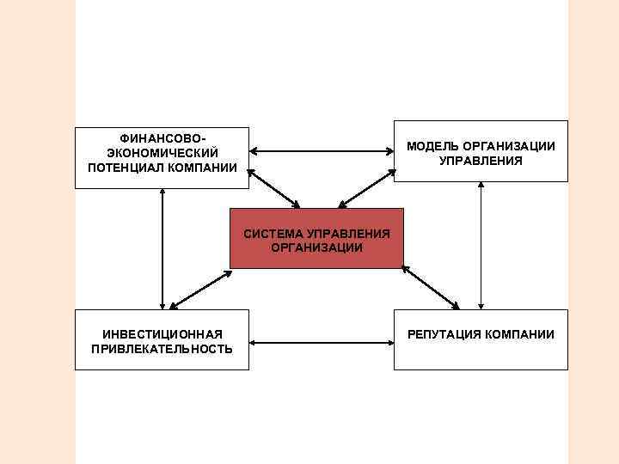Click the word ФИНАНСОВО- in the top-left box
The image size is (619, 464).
(x=162, y=138)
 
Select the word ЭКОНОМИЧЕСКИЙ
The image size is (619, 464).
(x=162, y=152)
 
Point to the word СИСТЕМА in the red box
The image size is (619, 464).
(x=273, y=234)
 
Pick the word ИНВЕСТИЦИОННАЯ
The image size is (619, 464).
(x=162, y=333)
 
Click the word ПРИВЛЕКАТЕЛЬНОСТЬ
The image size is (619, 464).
(x=162, y=348)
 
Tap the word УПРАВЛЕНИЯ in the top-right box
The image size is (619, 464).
(x=481, y=161)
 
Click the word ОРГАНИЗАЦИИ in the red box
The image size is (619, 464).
(x=316, y=247)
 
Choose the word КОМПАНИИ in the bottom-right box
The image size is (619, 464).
(x=522, y=334)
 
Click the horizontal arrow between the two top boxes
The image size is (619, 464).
(x=322, y=153)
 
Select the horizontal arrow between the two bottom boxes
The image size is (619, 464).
(x=322, y=344)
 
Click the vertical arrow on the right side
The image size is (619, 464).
(x=481, y=246)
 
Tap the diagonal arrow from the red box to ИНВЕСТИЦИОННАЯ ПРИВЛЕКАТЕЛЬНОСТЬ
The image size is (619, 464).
(x=200, y=290)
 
